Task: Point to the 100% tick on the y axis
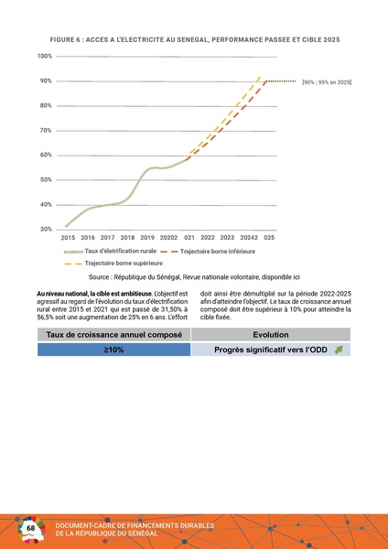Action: [x=44, y=57]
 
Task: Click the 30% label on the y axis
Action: [x=44, y=229]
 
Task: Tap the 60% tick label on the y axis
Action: [x=44, y=155]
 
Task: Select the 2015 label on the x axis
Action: [x=69, y=237]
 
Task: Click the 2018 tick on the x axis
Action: [x=127, y=237]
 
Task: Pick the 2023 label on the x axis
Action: [x=227, y=237]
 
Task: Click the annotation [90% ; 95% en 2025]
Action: [x=327, y=83]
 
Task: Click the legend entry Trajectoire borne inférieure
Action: [x=217, y=250]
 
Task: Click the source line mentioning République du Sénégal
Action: [x=194, y=276]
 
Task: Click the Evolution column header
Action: [x=275, y=335]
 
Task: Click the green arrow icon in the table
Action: [x=339, y=350]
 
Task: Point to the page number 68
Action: [x=31, y=529]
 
